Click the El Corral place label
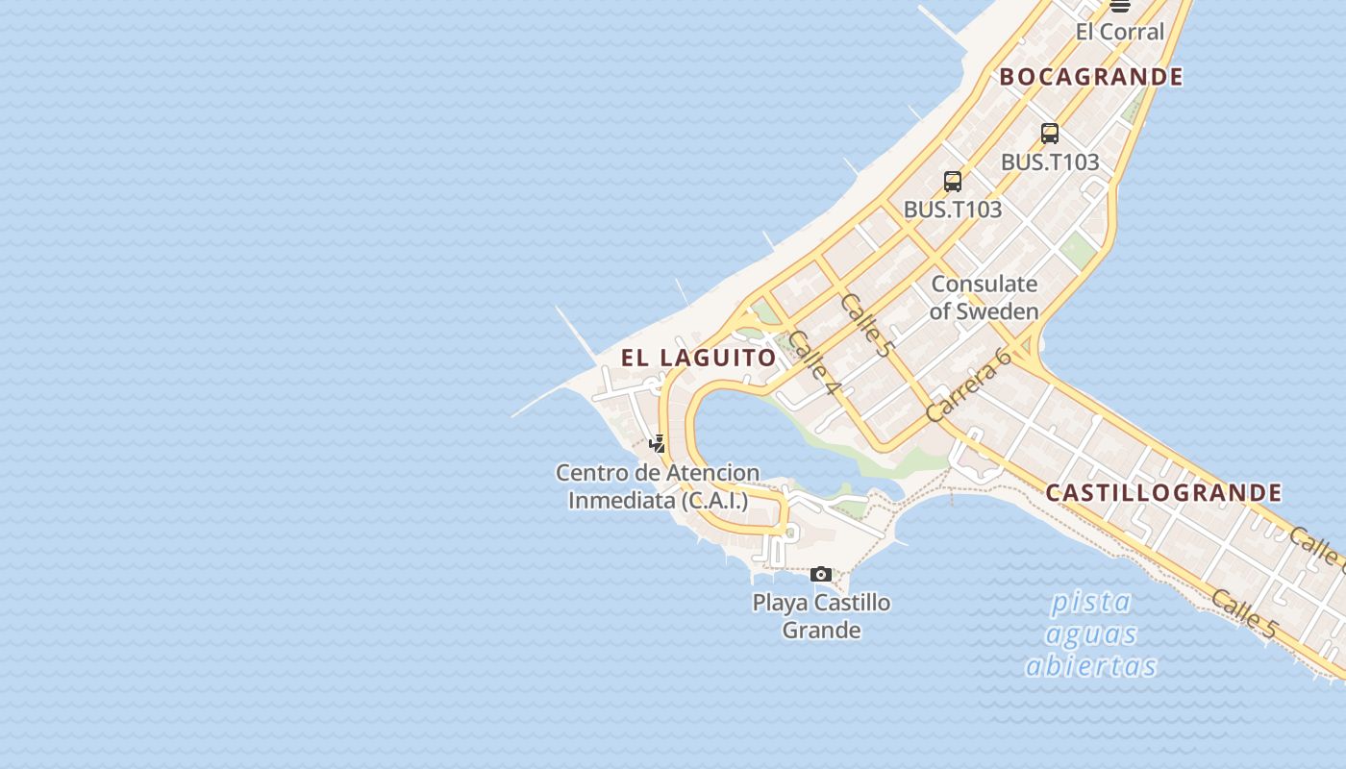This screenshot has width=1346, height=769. point(1119,32)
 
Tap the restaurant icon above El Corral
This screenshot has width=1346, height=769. point(1119,6)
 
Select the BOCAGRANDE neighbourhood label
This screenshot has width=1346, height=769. point(1091,77)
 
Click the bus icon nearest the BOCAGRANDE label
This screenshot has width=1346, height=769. point(1050,134)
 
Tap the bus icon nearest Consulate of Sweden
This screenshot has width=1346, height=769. point(953,181)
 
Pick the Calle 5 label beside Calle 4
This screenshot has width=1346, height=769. point(865,325)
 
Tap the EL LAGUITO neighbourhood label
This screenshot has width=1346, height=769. point(698,359)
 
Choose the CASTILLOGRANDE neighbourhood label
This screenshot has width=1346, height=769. point(1163,493)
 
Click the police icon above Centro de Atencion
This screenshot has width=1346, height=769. point(658,443)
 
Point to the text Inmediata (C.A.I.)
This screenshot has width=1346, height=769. point(658,501)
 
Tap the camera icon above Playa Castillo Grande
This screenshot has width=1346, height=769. point(821,574)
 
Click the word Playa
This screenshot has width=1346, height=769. point(780,604)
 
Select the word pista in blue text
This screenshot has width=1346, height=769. point(1091,603)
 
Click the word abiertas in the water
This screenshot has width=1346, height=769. point(1091,666)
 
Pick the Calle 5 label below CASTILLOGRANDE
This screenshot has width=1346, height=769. point(1244,614)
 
